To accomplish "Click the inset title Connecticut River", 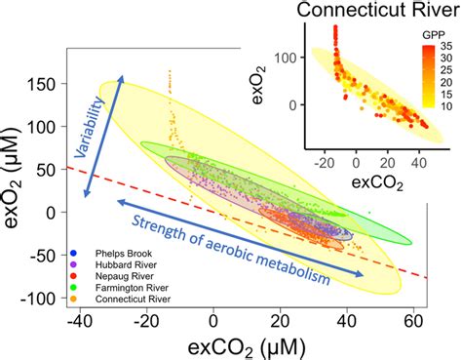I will click(x=379, y=12).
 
